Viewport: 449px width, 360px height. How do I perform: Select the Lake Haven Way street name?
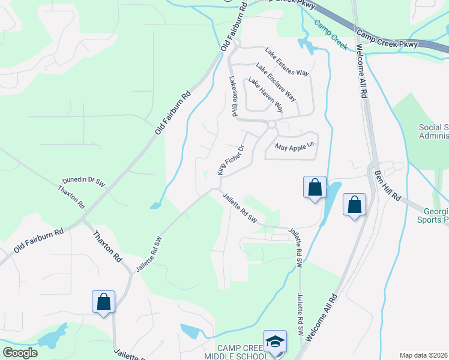click(265, 95)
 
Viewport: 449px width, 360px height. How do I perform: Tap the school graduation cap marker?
click(275, 342)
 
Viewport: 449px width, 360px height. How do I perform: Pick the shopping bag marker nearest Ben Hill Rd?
click(354, 205)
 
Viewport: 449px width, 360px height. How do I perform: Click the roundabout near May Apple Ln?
click(272, 125)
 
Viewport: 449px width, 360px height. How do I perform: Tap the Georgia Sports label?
click(432, 215)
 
